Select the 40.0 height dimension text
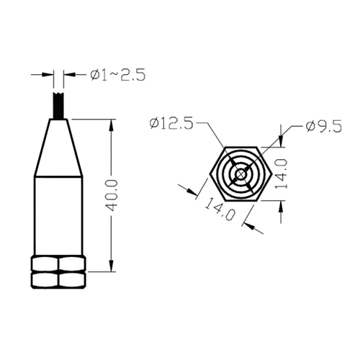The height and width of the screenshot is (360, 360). click(x=111, y=196)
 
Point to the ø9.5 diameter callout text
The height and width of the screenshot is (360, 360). click(x=323, y=127)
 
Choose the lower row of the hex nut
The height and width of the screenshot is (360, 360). click(x=59, y=279)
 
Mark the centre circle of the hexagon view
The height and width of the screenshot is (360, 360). click(x=240, y=175)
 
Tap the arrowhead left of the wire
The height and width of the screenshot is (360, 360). click(x=50, y=74)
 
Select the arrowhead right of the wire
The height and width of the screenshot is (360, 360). click(x=68, y=74)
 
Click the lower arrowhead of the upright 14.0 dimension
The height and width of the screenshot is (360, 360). click(x=282, y=206)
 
